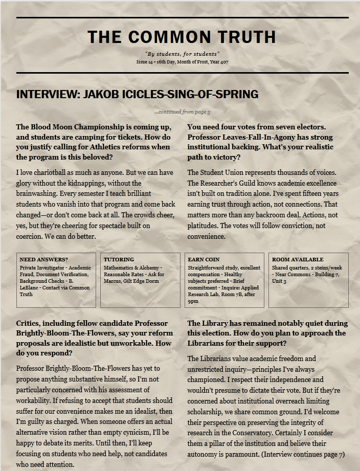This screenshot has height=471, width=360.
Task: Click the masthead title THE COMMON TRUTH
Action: pyautogui.click(x=182, y=37)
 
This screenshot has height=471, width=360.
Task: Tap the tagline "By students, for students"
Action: pyautogui.click(x=182, y=54)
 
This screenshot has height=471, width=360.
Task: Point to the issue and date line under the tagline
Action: pyautogui.click(x=182, y=61)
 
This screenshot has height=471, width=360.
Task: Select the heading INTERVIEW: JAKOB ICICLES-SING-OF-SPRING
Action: pyautogui.click(x=137, y=95)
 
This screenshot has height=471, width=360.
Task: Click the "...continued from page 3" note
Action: pyautogui.click(x=182, y=112)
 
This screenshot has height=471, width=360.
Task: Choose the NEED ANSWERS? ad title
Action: pyautogui.click(x=43, y=260)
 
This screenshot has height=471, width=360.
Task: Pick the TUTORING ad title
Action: pyautogui.click(x=119, y=260)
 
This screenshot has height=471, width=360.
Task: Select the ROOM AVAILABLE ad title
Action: pyautogui.click(x=298, y=260)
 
